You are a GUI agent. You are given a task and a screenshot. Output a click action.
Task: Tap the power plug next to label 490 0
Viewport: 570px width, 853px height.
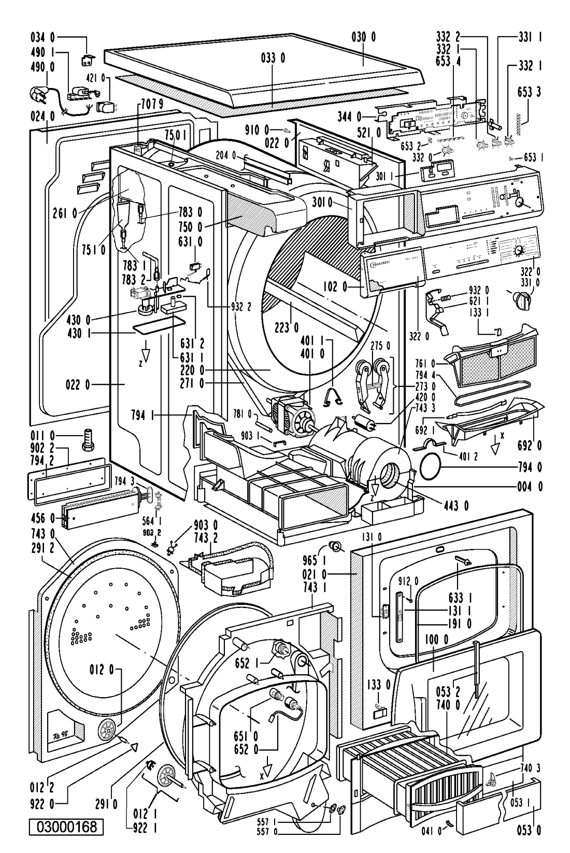pyautogui.click(x=38, y=93)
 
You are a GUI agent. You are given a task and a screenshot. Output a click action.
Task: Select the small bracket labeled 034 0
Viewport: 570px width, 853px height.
pyautogui.click(x=87, y=61)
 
